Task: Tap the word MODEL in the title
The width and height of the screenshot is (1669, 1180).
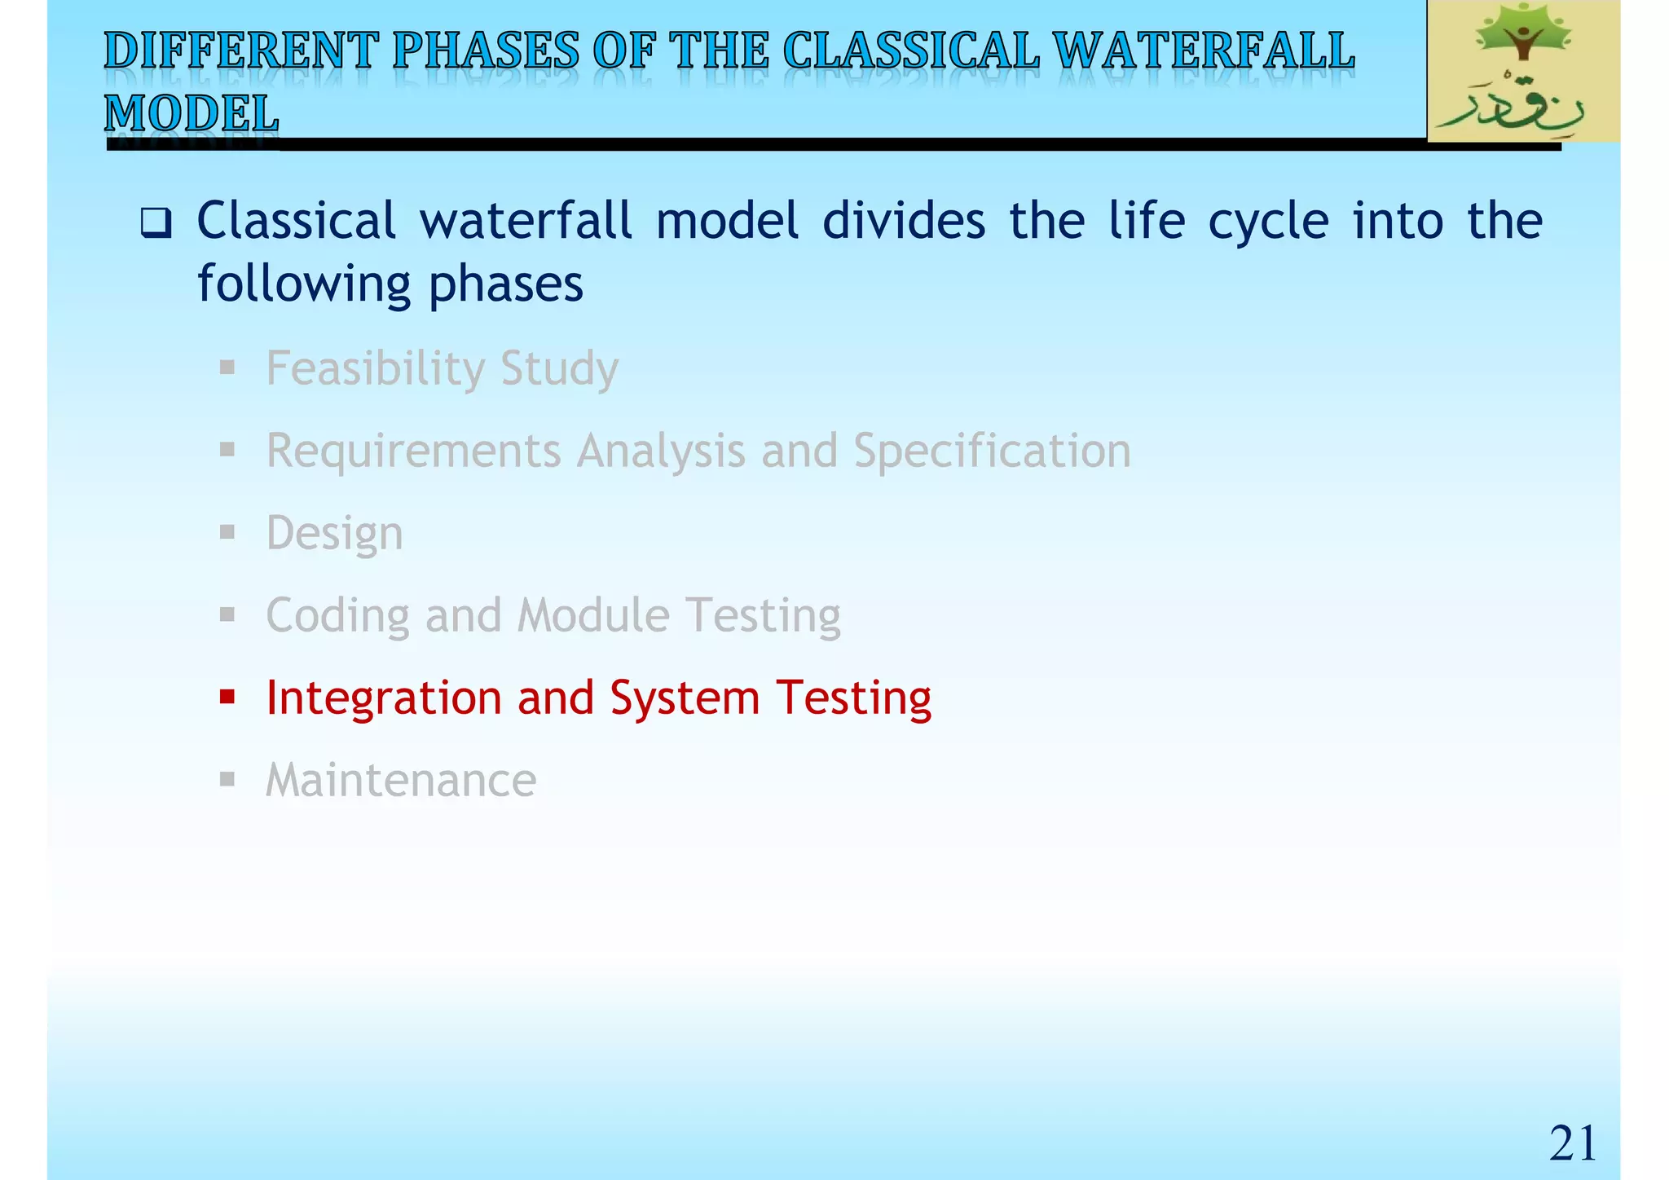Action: click(192, 113)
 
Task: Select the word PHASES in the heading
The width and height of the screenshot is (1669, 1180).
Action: click(486, 51)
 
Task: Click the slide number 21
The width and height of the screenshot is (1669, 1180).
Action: click(1572, 1143)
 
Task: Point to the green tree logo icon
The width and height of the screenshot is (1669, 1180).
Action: click(1522, 37)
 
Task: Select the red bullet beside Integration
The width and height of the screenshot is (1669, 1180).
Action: click(227, 697)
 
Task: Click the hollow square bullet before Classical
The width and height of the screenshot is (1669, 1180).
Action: click(155, 222)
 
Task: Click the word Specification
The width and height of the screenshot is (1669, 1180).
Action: click(992, 451)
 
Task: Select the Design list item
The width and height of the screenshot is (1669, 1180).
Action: click(334, 534)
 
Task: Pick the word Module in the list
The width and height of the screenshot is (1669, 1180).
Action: click(593, 615)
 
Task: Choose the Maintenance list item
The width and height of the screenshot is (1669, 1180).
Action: click(401, 781)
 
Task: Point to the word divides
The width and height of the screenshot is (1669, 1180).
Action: click(904, 221)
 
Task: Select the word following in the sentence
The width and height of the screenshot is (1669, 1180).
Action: click(304, 285)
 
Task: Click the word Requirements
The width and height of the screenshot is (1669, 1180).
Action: click(414, 451)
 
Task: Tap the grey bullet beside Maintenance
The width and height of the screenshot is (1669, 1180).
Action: click(227, 780)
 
